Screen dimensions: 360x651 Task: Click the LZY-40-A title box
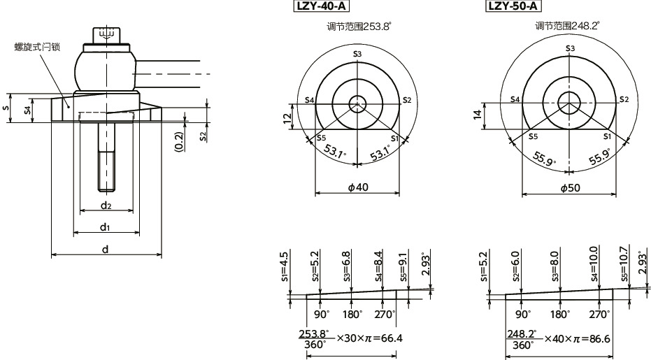[x=322, y=7]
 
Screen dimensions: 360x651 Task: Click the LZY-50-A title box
[x=513, y=7]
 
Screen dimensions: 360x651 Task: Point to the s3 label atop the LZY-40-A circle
[x=357, y=54]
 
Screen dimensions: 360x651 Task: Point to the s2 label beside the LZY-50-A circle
[x=624, y=100]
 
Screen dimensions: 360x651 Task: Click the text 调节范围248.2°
[x=567, y=26]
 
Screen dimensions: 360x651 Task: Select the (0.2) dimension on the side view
[x=179, y=141]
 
